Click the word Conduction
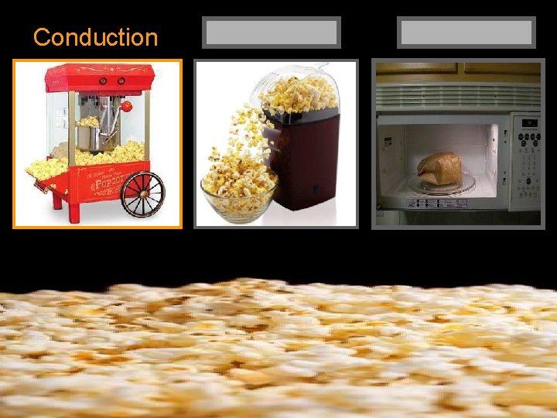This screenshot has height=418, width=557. [95, 36]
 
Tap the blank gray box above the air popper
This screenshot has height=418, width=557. [272, 33]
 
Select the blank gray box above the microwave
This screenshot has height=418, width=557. [466, 33]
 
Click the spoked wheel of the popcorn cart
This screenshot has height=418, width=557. [142, 194]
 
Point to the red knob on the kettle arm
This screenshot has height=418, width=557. [127, 106]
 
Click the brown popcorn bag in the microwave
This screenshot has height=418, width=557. [439, 167]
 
